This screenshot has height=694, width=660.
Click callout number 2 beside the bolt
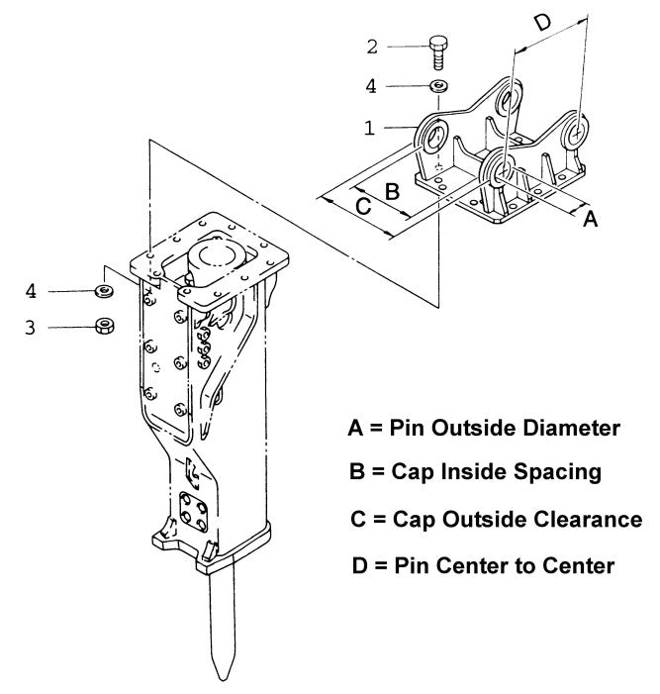[372, 46]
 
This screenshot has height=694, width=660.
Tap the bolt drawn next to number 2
[438, 50]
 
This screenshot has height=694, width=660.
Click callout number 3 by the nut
[31, 327]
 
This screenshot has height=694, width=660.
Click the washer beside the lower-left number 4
[102, 291]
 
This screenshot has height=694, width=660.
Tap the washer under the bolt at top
[438, 87]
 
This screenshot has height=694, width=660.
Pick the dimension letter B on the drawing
[392, 191]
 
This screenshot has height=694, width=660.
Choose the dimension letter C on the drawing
[363, 206]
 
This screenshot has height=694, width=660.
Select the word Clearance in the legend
[587, 518]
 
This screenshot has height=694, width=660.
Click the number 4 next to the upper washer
[372, 87]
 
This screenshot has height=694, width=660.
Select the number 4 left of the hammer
[31, 291]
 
